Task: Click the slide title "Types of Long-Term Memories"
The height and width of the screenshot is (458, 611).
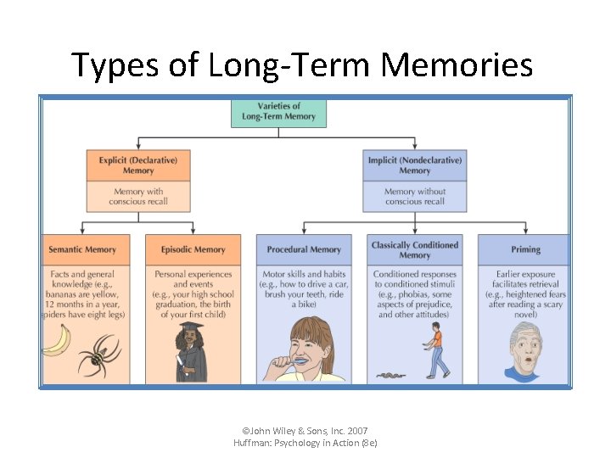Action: click(x=302, y=64)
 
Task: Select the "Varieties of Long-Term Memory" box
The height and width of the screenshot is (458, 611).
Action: click(x=278, y=113)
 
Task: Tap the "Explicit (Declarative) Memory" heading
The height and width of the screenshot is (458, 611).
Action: click(x=138, y=165)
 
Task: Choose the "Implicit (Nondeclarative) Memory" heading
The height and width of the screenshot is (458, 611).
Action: click(x=414, y=165)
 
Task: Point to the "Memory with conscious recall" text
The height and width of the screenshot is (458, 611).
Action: click(x=138, y=197)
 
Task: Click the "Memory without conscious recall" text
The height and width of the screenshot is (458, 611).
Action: click(x=414, y=197)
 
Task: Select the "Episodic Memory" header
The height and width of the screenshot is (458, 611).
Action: click(x=193, y=249)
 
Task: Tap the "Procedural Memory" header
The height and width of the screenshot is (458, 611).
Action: click(x=304, y=249)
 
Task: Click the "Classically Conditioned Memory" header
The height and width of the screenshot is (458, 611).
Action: click(x=414, y=249)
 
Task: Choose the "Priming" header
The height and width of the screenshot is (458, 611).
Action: click(x=525, y=249)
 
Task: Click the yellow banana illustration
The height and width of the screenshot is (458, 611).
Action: click(x=56, y=341)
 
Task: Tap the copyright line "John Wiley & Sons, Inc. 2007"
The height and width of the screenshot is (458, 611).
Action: click(x=305, y=431)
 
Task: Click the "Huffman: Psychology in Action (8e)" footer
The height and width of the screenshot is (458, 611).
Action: click(x=305, y=444)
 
